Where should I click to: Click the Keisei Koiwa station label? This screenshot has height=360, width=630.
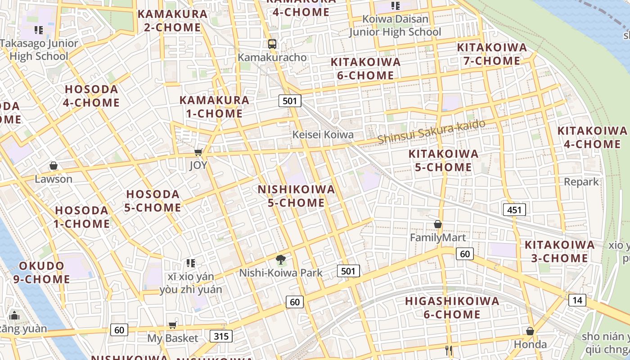[323, 135]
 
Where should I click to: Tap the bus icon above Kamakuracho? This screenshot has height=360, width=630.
[272, 44]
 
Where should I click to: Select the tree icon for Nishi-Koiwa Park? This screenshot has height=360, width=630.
[281, 260]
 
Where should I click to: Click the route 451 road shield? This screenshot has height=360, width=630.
[514, 209]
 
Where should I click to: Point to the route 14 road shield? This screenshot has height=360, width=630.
[577, 300]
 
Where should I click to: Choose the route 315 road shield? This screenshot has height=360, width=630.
[221, 336]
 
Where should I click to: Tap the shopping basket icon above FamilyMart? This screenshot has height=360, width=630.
[438, 224]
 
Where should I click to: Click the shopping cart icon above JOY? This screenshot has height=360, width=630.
[198, 153]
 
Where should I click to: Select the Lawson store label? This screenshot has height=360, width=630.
[54, 179]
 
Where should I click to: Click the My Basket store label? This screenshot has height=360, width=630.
[173, 338]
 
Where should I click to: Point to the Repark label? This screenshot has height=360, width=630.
[581, 182]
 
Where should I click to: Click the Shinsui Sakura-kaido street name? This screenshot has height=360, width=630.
[432, 131]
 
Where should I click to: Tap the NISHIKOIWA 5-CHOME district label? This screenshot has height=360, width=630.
[296, 196]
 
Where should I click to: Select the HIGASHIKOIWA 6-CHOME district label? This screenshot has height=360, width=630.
[452, 308]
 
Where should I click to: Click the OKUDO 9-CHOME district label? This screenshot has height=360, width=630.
[41, 273]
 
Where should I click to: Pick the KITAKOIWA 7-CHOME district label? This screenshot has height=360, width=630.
[492, 54]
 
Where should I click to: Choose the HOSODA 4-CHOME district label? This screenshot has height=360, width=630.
[91, 96]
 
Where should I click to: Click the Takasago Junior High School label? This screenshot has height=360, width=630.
[39, 50]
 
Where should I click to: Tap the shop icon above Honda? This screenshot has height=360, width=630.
[530, 332]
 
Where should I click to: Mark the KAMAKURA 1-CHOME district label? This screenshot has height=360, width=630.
[214, 107]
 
